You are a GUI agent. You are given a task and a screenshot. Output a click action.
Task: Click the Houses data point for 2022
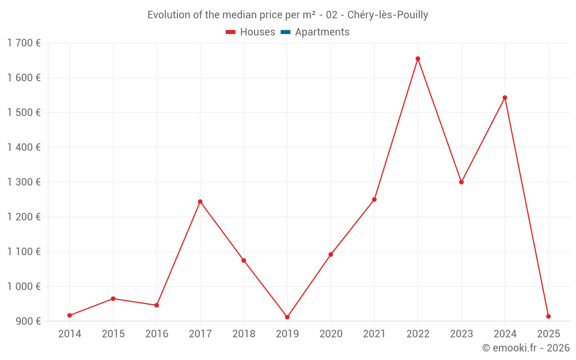pos(418,59)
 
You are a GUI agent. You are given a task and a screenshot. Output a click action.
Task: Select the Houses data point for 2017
pos(200,202)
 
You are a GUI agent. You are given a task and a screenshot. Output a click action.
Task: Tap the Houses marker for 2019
pos(287,317)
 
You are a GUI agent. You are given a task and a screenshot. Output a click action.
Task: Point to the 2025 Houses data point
pos(548,316)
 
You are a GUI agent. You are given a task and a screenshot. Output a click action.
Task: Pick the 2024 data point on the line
pos(505,97)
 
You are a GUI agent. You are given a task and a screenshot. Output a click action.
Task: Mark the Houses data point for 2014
pos(70,315)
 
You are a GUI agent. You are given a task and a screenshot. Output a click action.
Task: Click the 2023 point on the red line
pos(461,182)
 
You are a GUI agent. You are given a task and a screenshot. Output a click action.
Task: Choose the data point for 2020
pos(331,254)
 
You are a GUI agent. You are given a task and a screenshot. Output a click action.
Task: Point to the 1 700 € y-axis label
pos(24,43)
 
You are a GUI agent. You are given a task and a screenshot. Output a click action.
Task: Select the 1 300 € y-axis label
pos(24,182)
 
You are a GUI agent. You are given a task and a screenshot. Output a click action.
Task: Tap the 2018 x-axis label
pos(244,334)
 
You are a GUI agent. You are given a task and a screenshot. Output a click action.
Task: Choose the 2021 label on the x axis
pos(374,334)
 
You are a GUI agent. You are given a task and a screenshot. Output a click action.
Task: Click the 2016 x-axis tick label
pos(157,334)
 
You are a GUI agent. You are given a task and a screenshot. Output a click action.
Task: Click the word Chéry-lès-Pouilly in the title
pos(388,15)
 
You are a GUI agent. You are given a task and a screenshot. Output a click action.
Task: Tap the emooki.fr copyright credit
pos(526,348)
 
